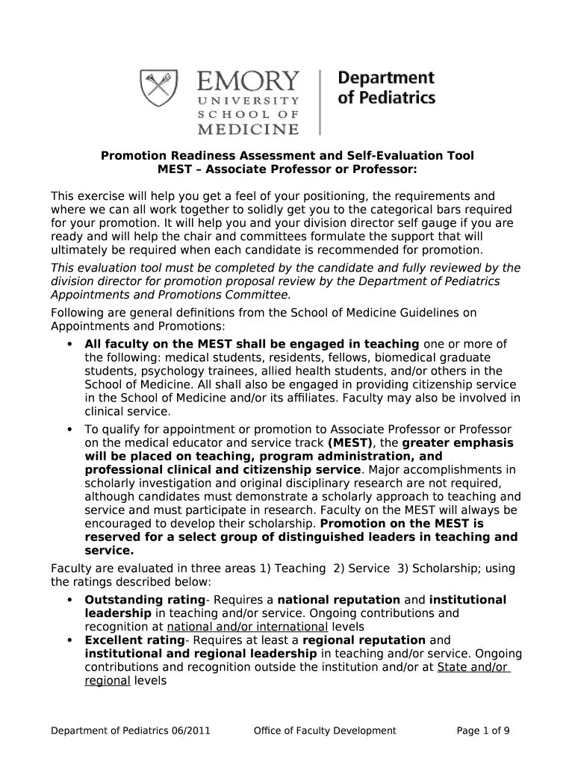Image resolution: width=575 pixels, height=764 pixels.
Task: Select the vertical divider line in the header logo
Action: click(x=320, y=101)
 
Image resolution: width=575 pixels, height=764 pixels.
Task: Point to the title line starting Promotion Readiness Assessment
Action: click(x=287, y=156)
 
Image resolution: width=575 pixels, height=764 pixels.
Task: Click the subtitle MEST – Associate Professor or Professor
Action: click(x=287, y=169)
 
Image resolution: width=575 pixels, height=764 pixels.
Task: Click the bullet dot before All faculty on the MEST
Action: click(x=69, y=344)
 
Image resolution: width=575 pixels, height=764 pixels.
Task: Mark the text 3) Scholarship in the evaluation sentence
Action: click(x=439, y=568)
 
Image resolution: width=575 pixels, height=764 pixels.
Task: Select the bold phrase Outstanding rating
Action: click(x=145, y=600)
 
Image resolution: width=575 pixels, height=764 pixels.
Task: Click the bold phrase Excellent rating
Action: click(x=134, y=640)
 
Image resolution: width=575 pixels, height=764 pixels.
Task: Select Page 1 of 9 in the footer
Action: click(x=483, y=730)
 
